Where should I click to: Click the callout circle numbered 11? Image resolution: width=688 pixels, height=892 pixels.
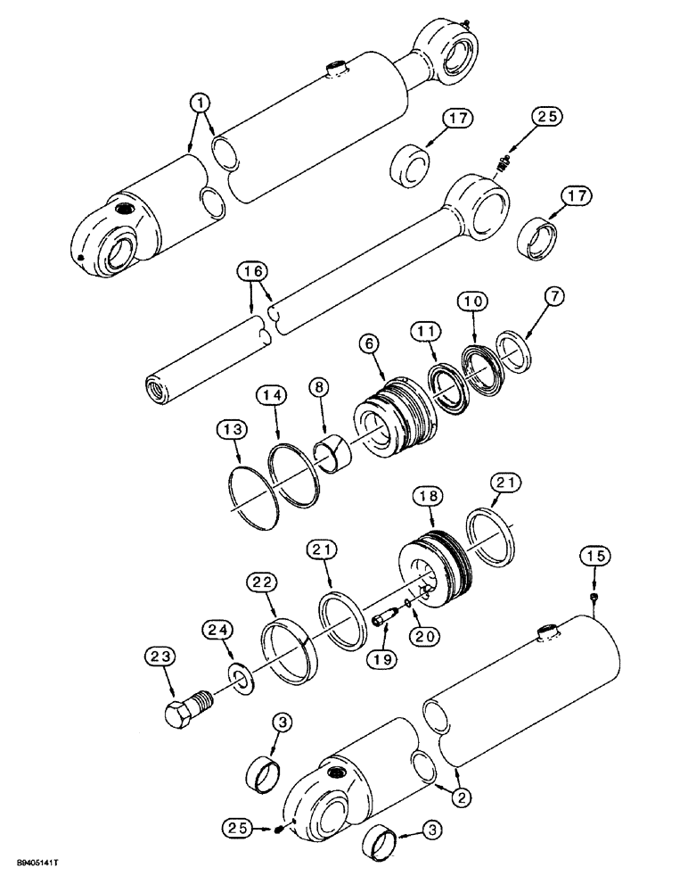(x=427, y=332)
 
